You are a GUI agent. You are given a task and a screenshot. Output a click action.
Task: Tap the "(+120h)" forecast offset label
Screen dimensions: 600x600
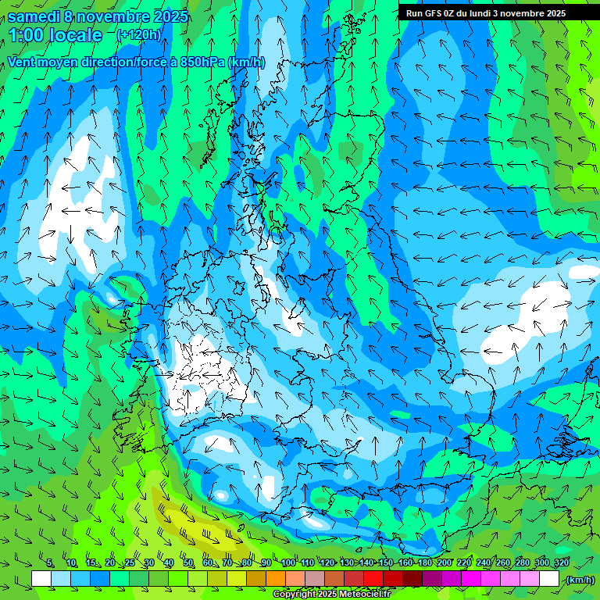138,35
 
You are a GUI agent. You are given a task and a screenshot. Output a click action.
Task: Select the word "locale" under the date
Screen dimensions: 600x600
75,36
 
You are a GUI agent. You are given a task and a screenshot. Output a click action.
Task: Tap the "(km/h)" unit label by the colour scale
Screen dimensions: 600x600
579,580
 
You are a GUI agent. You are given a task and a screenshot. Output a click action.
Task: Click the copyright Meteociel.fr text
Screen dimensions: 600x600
332,595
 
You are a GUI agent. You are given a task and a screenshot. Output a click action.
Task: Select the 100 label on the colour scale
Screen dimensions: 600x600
288,563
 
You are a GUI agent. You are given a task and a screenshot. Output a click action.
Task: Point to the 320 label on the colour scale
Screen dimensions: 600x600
561,563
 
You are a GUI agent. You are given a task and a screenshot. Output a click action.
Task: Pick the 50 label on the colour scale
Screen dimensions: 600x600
188,563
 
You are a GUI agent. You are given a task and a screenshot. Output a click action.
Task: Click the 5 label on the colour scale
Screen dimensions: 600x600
49,563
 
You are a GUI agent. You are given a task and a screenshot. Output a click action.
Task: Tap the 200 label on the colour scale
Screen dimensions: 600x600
444,563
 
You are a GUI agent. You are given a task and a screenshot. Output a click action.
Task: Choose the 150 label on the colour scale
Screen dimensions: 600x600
385,563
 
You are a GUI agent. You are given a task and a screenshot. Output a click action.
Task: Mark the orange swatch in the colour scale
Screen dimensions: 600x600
276,579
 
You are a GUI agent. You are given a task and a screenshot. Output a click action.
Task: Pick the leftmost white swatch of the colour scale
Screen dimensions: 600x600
41,579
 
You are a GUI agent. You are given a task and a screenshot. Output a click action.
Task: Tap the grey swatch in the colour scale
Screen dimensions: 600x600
315,579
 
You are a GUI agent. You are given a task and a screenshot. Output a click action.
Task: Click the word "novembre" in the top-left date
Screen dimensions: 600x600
114,16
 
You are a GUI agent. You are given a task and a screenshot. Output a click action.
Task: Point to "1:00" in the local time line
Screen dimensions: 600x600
25,36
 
